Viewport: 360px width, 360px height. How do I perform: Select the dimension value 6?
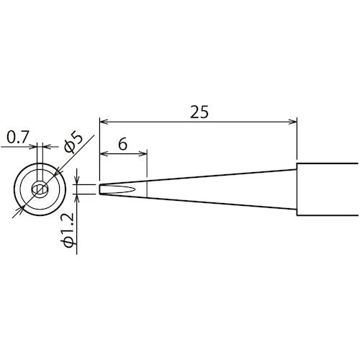point(122,143)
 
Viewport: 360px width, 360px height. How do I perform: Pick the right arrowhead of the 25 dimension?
point(292,122)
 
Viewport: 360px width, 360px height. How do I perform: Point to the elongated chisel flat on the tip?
point(120,189)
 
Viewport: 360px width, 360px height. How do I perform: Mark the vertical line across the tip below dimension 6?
point(147,189)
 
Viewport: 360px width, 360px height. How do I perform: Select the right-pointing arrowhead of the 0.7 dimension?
point(33,147)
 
